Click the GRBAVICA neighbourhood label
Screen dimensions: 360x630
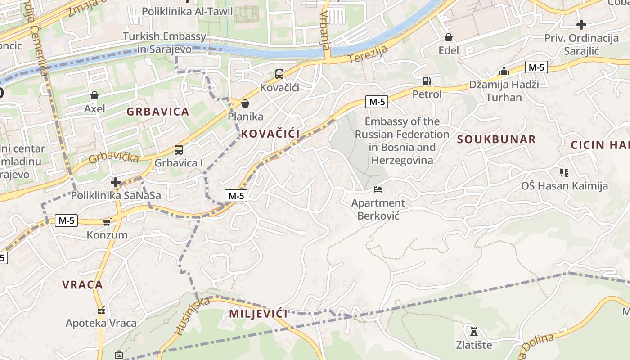pyautogui.click(x=157, y=112)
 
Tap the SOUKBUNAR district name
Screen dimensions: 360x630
pyautogui.click(x=496, y=139)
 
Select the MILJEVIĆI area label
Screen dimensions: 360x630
pyautogui.click(x=258, y=314)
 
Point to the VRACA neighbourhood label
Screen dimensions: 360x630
pyautogui.click(x=82, y=285)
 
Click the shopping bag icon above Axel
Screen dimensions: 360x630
pyautogui.click(x=94, y=95)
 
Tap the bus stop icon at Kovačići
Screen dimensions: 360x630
pyautogui.click(x=279, y=74)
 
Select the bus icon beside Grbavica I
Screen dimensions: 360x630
pyautogui.click(x=179, y=150)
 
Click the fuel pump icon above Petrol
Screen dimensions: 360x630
pyautogui.click(x=427, y=81)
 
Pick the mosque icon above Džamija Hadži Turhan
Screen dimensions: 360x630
pyautogui.click(x=504, y=71)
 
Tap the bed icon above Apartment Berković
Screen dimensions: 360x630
pyautogui.click(x=378, y=189)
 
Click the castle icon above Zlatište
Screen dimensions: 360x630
pyautogui.click(x=473, y=332)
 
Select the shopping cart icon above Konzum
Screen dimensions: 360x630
pyautogui.click(x=107, y=222)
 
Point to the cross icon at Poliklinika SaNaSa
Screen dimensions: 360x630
pyautogui.click(x=116, y=182)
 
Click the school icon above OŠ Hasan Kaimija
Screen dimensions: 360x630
pyautogui.click(x=564, y=172)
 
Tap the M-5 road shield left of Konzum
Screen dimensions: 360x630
pyautogui.click(x=66, y=220)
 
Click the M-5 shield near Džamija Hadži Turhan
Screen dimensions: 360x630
pyautogui.click(x=536, y=67)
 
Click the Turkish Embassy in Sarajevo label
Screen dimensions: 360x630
pyautogui.click(x=164, y=43)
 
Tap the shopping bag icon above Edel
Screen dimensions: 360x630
pyautogui.click(x=448, y=37)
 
